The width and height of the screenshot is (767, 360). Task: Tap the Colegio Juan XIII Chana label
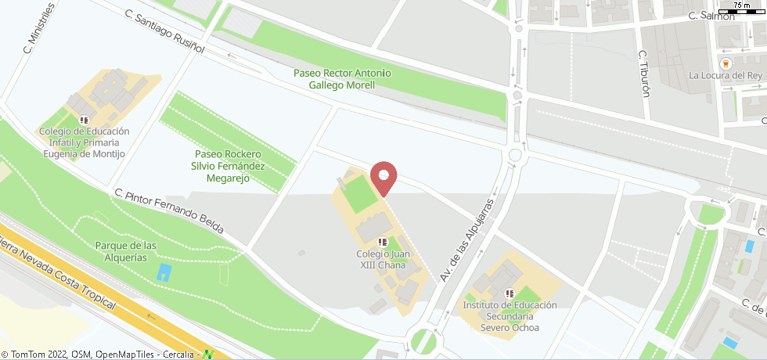383,259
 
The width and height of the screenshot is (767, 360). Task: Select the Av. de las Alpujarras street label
468,240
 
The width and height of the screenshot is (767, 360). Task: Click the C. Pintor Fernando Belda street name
169,211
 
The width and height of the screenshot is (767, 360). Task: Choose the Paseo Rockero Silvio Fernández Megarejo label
227,166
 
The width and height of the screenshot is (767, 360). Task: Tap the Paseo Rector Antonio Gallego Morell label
342,78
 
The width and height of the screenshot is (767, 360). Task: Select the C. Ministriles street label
39,28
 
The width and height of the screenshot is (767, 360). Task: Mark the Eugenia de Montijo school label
83,142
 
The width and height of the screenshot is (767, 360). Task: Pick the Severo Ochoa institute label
509,315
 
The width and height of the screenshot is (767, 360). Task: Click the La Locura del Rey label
726,76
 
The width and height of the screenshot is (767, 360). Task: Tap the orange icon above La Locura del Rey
726,62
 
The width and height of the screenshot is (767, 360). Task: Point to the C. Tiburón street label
644,74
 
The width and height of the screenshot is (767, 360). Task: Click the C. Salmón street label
711,16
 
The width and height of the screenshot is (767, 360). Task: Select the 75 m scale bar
742,9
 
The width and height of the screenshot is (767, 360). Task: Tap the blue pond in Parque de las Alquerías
164,272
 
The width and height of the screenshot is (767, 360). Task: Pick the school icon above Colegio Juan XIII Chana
383,242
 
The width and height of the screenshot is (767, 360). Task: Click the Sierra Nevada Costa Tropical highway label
59,277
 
